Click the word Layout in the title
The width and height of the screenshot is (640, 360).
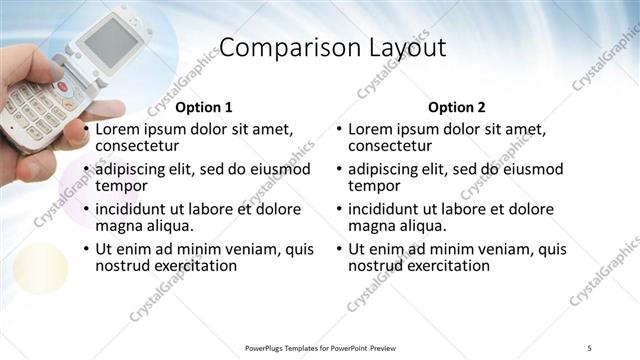(397, 49)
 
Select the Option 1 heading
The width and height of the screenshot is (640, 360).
(204, 107)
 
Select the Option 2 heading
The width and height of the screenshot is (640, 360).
(457, 107)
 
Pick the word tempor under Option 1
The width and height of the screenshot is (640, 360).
(121, 186)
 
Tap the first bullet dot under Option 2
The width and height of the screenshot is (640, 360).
(340, 129)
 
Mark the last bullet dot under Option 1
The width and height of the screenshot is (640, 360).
(87, 249)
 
